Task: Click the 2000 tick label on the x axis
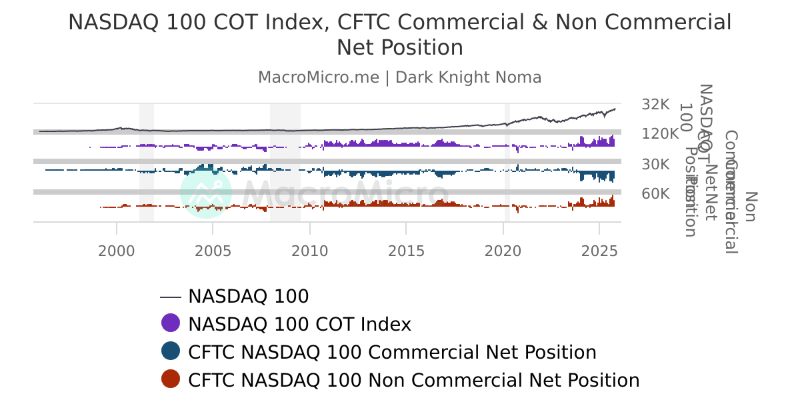pos(117,251)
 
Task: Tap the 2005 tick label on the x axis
pos(213,251)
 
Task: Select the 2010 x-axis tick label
pos(309,251)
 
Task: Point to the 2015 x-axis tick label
pos(406,251)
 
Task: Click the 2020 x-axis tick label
pos(503,251)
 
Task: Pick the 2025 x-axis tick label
pos(599,251)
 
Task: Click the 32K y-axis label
pos(655,105)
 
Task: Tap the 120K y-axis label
pos(660,134)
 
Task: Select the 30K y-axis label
pos(655,164)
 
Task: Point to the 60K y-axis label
pos(655,194)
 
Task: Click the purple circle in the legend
pos(171,323)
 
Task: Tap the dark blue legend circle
pos(171,351)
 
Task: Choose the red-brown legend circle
pos(171,379)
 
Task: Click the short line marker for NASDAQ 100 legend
pos(171,297)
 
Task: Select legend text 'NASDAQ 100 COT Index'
pos(299,324)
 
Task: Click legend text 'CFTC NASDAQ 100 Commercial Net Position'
pos(392,352)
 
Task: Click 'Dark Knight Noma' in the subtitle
pos(468,77)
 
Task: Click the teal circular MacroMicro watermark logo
pos(206,193)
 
